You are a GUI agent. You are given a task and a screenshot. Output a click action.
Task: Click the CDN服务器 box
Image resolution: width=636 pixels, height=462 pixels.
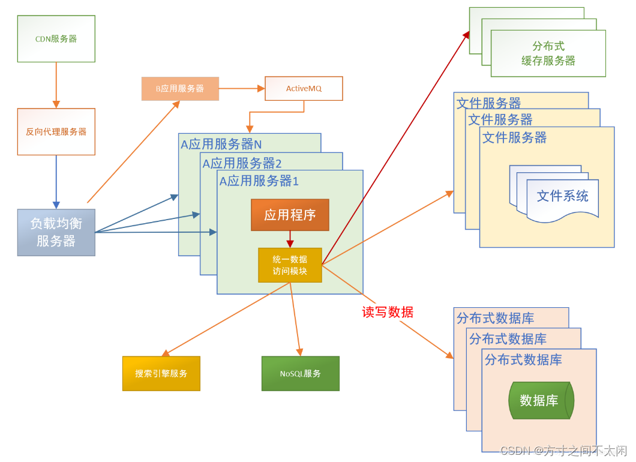[56, 39]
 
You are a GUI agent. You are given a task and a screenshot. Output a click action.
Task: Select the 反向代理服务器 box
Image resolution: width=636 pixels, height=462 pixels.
[56, 131]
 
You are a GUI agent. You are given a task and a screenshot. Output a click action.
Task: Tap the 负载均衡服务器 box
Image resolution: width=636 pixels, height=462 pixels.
[56, 232]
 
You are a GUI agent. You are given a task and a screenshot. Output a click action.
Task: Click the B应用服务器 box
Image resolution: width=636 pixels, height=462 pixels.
[180, 88]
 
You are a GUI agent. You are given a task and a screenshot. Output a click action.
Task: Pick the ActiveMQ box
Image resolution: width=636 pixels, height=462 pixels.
[304, 88]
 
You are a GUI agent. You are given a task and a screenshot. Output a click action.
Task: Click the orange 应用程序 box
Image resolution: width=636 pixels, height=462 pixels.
[290, 215]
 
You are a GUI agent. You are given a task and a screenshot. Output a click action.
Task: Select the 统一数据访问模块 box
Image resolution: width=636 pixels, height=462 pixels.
[290, 265]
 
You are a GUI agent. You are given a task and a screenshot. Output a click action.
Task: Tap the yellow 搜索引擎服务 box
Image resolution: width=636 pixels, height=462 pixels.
[161, 373]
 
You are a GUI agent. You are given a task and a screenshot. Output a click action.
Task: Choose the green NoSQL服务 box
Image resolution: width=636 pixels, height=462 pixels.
[300, 373]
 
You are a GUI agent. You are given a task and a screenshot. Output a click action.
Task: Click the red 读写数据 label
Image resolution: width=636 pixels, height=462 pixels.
[388, 312]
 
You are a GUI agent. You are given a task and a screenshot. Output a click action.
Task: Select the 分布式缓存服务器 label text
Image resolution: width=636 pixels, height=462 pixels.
[548, 53]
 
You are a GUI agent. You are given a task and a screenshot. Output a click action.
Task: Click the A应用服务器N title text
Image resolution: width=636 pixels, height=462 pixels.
[221, 144]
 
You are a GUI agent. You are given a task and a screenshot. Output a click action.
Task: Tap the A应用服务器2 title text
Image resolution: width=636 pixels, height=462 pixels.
[242, 163]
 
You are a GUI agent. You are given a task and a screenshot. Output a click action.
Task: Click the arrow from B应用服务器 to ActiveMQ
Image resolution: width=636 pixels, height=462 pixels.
[242, 88]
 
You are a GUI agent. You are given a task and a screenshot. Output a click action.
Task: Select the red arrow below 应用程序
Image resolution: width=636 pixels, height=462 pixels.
[290, 239]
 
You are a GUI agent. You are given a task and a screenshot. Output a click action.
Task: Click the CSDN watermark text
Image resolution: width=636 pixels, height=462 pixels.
[563, 450]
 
